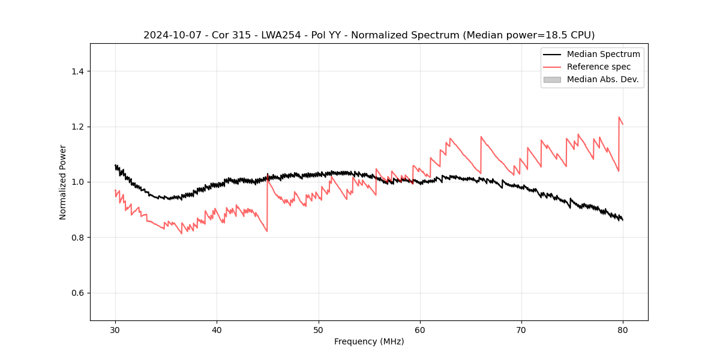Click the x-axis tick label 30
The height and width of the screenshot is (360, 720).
tap(115, 329)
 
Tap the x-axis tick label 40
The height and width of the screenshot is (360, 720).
tap(217, 329)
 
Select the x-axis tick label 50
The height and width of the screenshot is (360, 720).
tap(319, 329)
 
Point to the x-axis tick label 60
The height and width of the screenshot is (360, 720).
tap(420, 329)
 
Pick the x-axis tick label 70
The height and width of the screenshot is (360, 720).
tap(521, 329)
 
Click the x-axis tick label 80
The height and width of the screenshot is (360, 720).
tap(623, 329)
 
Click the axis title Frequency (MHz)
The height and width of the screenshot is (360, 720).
tap(369, 341)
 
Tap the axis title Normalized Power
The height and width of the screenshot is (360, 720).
tap(63, 182)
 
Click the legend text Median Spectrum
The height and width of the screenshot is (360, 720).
tap(603, 54)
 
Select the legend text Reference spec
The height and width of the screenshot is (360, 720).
tap(598, 67)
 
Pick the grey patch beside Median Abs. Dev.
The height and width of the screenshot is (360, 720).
tap(552, 79)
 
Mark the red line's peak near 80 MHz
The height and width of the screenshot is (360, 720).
tap(619, 117)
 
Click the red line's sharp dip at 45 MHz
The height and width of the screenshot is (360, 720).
tap(267, 232)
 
